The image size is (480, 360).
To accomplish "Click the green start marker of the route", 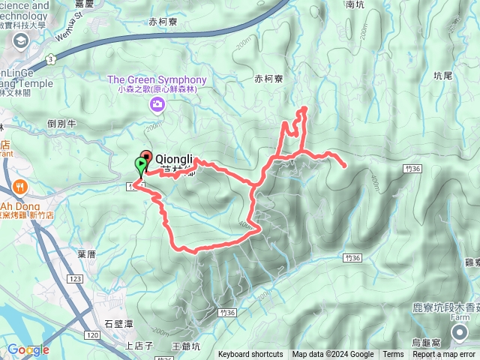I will [140, 166].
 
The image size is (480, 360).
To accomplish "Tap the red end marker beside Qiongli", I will [145, 157].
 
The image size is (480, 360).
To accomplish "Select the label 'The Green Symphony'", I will [157, 79].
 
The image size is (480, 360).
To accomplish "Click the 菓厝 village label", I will [86, 254].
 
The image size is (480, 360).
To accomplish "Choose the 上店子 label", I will [139, 346].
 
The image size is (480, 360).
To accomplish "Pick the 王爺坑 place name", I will [187, 346].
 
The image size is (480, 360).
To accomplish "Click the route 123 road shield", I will [75, 278].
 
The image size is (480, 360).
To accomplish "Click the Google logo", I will [28, 349].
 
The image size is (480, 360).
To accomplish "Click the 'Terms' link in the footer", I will [393, 355].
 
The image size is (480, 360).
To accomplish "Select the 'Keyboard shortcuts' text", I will [250, 355].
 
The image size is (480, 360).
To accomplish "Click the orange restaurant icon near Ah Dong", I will [19, 187].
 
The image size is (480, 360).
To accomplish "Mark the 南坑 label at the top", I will [355, 4].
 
